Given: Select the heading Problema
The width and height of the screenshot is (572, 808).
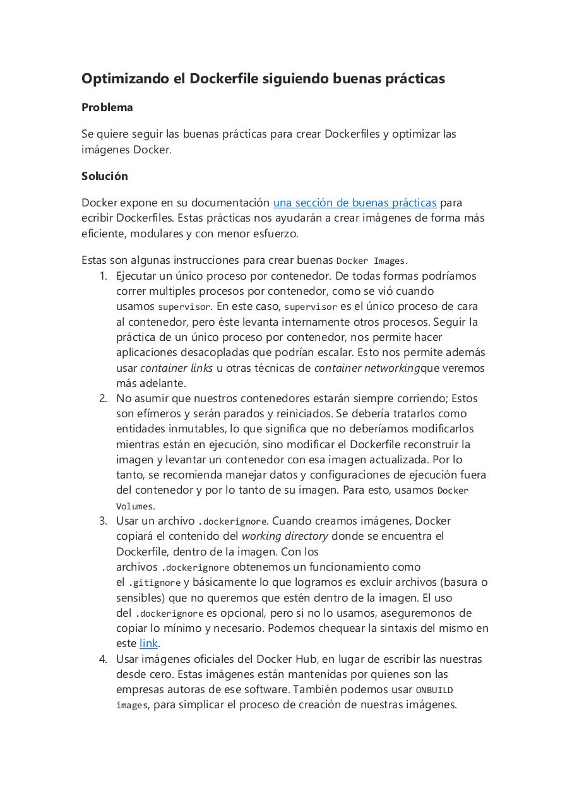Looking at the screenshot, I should point(107,107).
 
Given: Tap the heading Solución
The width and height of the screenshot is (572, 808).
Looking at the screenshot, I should point(104,176).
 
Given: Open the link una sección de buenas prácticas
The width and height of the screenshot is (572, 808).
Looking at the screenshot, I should point(354,203).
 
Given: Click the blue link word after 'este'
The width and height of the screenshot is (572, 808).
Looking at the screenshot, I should point(148,643).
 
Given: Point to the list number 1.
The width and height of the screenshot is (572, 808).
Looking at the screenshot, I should point(104,276).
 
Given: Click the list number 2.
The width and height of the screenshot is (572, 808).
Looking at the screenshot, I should point(103,398).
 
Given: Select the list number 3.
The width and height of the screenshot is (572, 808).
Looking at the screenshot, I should point(103,521).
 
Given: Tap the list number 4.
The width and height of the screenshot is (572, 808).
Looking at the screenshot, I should point(103,659).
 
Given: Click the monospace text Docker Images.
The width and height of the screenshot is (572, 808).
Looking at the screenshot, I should point(371,261).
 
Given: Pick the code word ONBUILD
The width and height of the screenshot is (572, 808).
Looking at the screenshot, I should point(434,690).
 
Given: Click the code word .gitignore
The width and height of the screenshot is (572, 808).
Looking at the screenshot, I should point(155,583).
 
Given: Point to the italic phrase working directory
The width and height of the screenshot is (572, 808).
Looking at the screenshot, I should point(285,536).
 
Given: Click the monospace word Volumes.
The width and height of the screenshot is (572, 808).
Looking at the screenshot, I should point(134,506).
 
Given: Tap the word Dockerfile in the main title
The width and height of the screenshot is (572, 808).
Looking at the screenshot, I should point(228,79).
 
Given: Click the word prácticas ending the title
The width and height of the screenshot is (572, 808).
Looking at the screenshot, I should point(415,79).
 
